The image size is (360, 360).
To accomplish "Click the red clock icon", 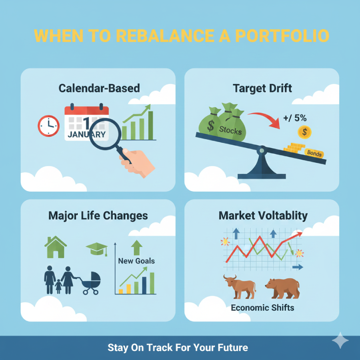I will (48, 126).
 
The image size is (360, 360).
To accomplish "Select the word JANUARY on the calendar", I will (86, 134).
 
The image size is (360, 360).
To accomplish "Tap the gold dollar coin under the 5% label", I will (305, 132).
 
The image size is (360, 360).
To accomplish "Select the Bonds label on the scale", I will (314, 153).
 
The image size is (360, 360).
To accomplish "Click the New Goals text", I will (136, 261).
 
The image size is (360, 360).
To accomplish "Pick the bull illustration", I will (240, 287).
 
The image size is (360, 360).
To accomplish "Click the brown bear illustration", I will (282, 288).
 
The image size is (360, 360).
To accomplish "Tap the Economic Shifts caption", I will (262, 308).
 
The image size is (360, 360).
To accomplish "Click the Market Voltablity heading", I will (263, 216).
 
